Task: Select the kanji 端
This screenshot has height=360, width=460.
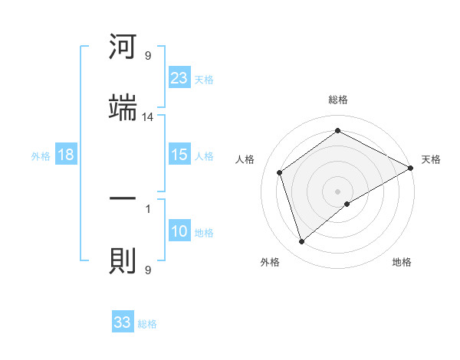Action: click(123, 108)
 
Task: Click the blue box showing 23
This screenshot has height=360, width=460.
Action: click(179, 77)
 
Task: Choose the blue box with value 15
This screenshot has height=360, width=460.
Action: click(179, 155)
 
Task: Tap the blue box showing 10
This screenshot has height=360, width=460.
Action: click(179, 231)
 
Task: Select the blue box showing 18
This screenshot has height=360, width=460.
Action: click(66, 155)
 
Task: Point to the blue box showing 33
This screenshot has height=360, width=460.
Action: click(123, 322)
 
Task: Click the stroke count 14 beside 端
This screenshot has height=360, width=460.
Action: click(148, 117)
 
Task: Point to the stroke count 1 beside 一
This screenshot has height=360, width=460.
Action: click(148, 208)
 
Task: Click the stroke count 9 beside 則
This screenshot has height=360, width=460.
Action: click(148, 270)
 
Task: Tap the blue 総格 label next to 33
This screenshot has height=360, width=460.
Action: click(147, 324)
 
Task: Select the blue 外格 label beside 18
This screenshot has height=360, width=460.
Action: click(41, 155)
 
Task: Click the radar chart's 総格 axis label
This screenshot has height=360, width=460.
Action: click(338, 100)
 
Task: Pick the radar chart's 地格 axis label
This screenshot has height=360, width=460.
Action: click(402, 263)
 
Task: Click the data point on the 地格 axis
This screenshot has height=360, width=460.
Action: click(347, 204)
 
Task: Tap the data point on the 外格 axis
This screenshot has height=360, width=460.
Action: click(301, 242)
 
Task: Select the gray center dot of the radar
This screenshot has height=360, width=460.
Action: click(338, 191)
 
